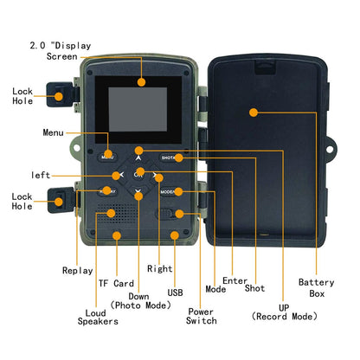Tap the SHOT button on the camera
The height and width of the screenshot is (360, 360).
tap(170, 157)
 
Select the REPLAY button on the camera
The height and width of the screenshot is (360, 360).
tap(108, 190)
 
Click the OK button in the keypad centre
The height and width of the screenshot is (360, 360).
tap(138, 175)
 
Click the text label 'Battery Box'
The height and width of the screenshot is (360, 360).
tap(316, 287)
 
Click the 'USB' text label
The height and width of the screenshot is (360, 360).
tap(176, 293)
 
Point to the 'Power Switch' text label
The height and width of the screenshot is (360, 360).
tap(202, 316)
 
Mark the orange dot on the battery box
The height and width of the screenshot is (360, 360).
tap(254, 112)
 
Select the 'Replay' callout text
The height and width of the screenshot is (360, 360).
tap(77, 271)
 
